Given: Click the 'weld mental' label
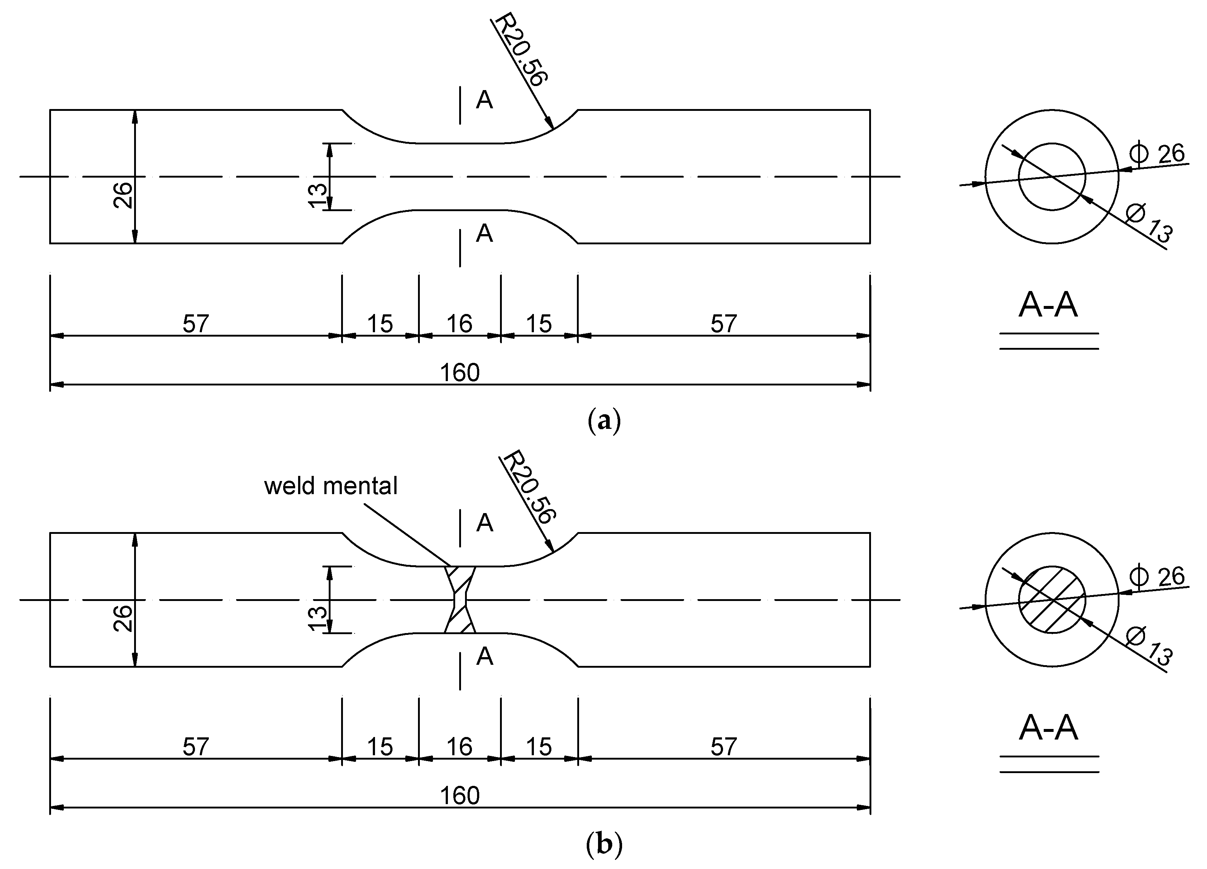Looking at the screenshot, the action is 331,486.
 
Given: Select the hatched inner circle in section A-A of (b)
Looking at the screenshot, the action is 1052,600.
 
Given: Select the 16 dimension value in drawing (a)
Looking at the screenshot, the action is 459,323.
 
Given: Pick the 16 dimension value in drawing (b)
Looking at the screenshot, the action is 459,746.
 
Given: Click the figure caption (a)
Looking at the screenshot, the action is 604,421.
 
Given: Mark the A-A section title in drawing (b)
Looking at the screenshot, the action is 1048,729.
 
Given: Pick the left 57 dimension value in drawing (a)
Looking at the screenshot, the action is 196,323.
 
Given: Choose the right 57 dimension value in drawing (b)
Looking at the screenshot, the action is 724,746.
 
